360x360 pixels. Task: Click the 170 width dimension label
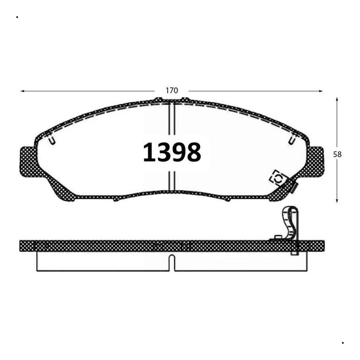(172, 91)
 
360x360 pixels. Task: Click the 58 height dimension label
(337, 155)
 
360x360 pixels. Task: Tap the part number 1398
(172, 152)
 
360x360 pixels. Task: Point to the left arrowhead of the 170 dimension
(22, 91)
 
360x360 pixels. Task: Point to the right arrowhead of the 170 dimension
(321, 91)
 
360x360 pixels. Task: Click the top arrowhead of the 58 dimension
(337, 99)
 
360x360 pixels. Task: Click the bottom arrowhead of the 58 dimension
(337, 201)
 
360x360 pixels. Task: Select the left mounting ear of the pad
(29, 162)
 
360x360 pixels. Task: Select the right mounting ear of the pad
(315, 162)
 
